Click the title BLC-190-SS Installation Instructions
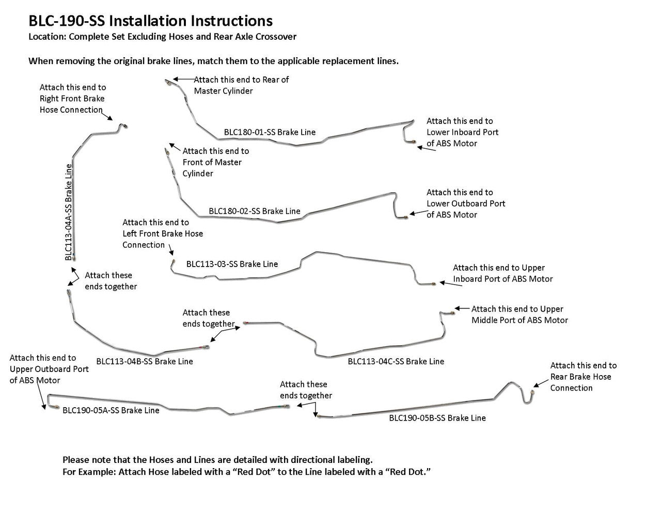click(x=150, y=21)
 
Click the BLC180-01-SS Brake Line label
click(x=270, y=132)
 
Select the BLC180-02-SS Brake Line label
click(x=255, y=211)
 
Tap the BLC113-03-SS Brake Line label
click(x=232, y=264)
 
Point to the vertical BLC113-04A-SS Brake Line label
click(x=69, y=212)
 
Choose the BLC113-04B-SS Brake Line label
click(x=145, y=362)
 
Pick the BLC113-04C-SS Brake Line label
click(x=396, y=362)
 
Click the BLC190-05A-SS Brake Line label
click(x=111, y=411)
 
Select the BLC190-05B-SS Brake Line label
click(x=437, y=418)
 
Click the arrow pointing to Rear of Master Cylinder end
click(x=183, y=79)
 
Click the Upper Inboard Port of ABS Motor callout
click(x=502, y=273)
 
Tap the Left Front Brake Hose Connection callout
click(x=163, y=234)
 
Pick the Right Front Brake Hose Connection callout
click(x=72, y=99)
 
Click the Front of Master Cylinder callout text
click(x=215, y=162)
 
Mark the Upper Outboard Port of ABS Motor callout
click(x=49, y=369)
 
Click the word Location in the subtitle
click(x=46, y=37)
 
